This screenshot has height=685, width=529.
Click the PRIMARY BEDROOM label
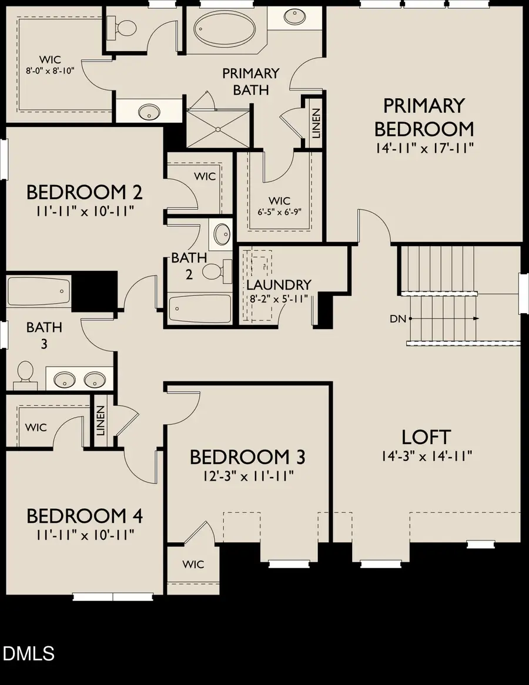424,117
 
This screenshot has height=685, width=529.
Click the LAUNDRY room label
278,285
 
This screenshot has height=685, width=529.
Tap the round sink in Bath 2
222,234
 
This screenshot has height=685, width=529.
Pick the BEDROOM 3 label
247,456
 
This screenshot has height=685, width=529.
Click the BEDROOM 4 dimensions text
85,535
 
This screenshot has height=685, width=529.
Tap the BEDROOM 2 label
85,192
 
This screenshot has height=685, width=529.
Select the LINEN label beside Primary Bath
316,123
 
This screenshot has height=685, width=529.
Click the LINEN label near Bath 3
100,421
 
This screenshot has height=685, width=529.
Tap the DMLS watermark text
28,653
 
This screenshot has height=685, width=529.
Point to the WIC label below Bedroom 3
193,565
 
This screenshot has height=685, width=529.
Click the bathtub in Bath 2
200,308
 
